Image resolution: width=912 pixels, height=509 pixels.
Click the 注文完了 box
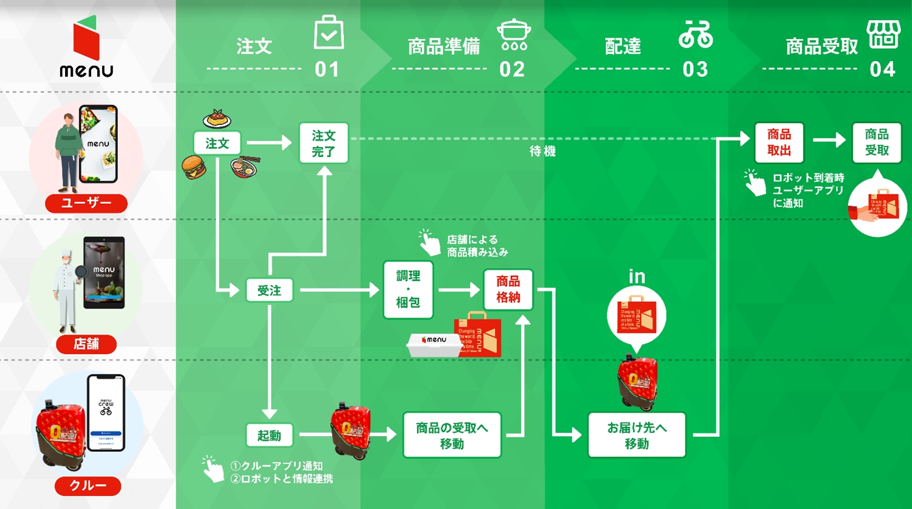[324, 143]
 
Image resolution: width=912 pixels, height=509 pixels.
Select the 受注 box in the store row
[269, 290]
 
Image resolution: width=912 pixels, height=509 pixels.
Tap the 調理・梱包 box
[408, 290]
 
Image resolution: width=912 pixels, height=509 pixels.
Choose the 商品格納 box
[508, 290]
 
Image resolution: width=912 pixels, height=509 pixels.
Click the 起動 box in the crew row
[269, 435]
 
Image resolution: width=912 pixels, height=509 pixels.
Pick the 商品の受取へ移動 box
[451, 435]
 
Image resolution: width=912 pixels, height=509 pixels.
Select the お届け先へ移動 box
[636, 435]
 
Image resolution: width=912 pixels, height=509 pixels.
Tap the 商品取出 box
[779, 143]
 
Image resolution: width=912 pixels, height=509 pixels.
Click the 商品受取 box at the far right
[877, 143]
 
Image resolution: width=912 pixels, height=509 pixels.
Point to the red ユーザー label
[86, 203]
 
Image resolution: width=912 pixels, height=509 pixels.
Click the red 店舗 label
[86, 344]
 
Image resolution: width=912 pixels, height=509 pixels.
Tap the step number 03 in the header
[695, 70]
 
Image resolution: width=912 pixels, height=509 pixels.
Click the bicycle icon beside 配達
[695, 34]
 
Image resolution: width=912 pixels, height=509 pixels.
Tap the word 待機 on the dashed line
[543, 152]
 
